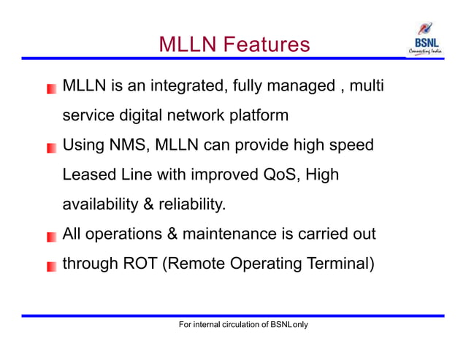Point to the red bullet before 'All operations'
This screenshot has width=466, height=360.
(x=51, y=237)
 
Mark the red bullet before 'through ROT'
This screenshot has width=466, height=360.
(x=51, y=267)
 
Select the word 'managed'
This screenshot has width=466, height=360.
(x=296, y=87)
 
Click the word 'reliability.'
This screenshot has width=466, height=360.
(x=188, y=204)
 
